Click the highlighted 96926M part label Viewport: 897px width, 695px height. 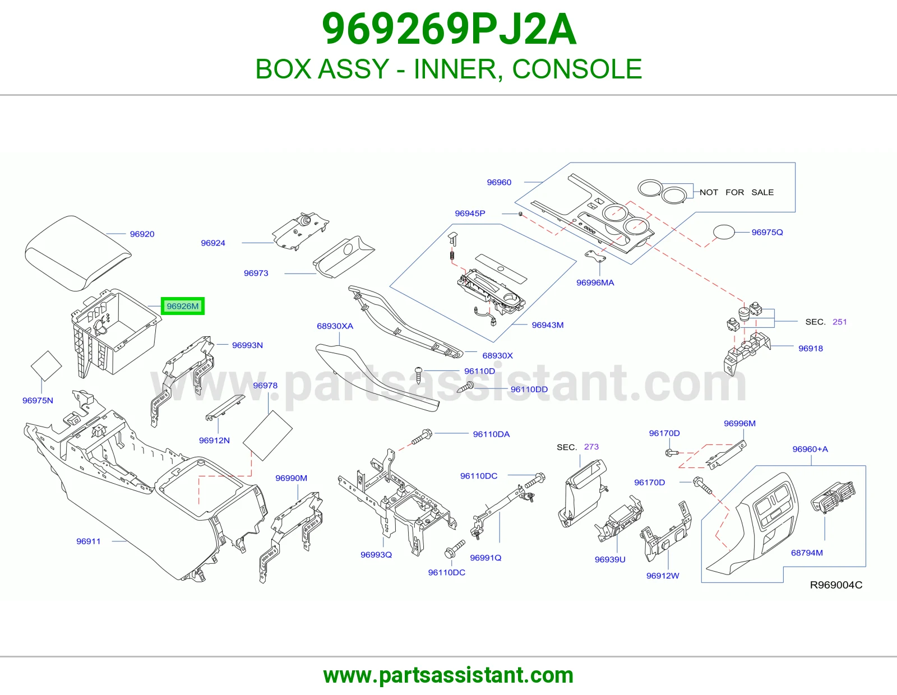pos(182,306)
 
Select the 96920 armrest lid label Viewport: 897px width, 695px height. pos(142,234)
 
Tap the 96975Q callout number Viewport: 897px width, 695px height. pos(767,233)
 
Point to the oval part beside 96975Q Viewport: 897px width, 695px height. pos(724,231)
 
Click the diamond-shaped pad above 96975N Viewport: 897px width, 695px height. pos(46,365)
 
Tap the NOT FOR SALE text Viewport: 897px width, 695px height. pos(737,192)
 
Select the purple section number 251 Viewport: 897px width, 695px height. pos(839,322)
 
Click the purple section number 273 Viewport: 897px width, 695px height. pos(591,447)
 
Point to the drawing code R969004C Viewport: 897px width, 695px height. pos(836,585)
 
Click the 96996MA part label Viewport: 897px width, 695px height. pos(595,282)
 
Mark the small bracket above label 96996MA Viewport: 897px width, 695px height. pos(595,256)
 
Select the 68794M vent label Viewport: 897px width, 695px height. pos(807,553)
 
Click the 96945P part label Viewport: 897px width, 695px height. pos(470,214)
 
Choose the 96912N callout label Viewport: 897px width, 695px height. pos(214,441)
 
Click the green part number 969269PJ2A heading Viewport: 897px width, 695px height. pos(449,29)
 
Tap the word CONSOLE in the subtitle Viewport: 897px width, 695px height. pos(577,69)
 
